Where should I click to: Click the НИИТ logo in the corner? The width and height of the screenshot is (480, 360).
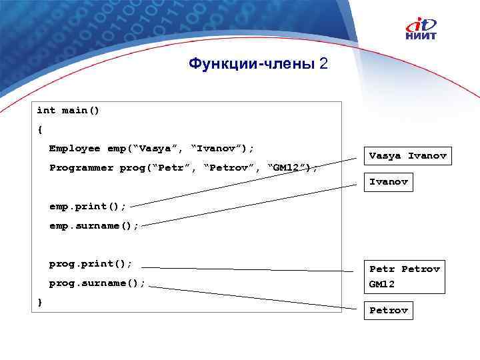point(421,29)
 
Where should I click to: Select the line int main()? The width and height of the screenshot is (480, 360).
point(68,111)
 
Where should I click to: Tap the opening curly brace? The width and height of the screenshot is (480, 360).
point(40,129)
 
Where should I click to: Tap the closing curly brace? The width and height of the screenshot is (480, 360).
point(40,302)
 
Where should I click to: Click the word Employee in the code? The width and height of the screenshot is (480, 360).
point(75,148)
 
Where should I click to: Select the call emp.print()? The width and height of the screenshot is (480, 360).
point(87,206)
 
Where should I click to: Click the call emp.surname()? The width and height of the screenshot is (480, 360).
point(94,225)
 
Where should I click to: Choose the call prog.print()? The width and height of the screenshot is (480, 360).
point(91,264)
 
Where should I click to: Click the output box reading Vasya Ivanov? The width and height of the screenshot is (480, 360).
point(407,156)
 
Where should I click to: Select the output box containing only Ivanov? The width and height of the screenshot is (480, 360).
point(388,181)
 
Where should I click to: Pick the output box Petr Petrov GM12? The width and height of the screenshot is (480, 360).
point(404,276)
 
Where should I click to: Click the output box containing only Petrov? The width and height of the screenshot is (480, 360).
point(388,311)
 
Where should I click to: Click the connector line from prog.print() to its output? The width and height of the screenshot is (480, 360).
point(253,269)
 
